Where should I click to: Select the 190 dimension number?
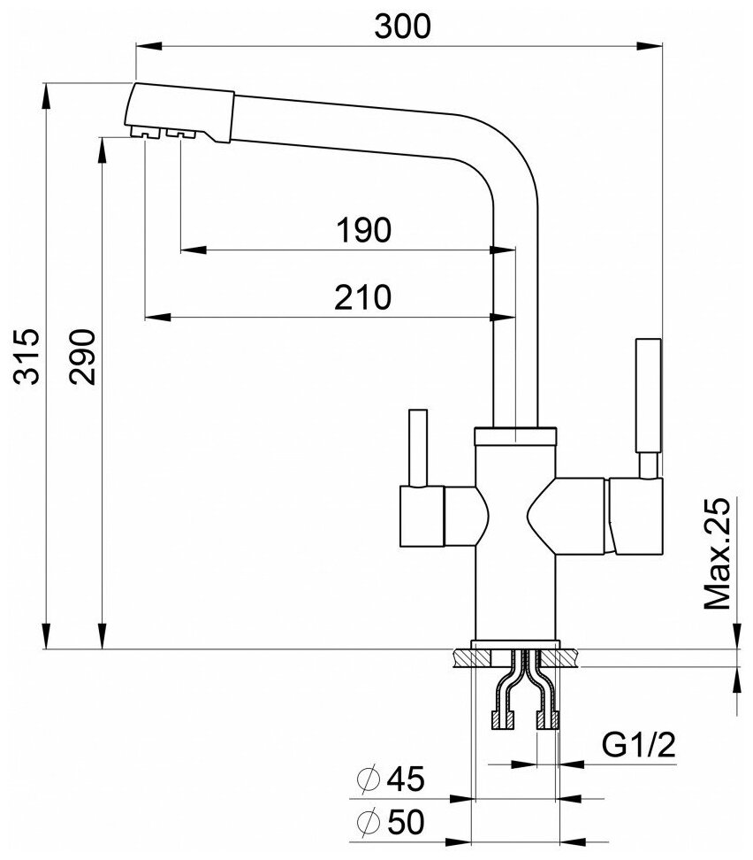363,231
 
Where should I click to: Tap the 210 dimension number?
363,297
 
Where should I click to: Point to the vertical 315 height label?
28,356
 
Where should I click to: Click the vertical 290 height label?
82,356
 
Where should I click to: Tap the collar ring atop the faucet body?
516,435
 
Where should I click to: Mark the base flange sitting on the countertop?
516,644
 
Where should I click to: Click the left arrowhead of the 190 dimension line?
187,250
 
